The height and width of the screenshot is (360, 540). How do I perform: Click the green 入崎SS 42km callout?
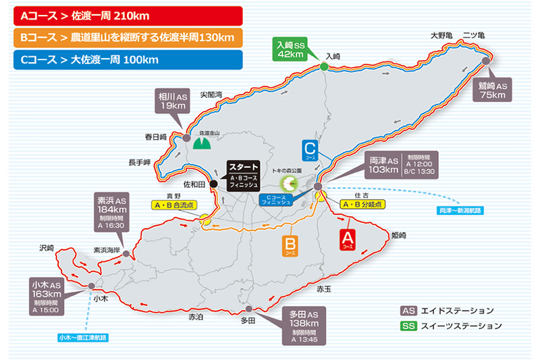click(x=292, y=49)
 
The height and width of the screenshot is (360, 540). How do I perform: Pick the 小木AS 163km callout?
click(x=47, y=294)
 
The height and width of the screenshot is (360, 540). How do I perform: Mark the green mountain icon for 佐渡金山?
click(x=200, y=143)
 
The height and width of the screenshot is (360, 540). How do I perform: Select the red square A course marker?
click(x=347, y=239)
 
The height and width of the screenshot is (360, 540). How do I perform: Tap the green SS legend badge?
click(x=408, y=326)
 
